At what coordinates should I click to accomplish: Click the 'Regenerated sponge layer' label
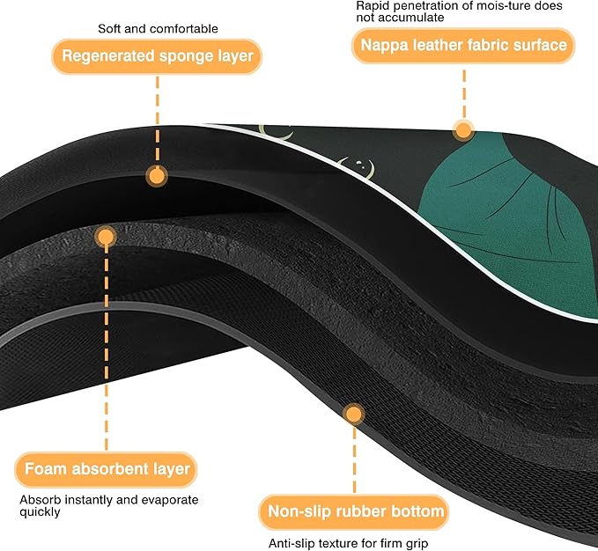tap(157, 56)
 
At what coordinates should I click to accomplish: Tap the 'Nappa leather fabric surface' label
tap(463, 46)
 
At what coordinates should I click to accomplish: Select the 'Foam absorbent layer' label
tap(106, 469)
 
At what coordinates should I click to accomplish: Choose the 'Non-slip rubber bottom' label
tap(354, 511)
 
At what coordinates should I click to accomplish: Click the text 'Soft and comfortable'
tap(158, 28)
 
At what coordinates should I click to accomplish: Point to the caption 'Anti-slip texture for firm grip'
tap(348, 543)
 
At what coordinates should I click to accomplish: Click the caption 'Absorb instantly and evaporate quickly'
tap(109, 505)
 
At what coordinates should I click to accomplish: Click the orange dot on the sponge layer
tap(157, 176)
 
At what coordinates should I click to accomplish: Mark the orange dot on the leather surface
tap(463, 130)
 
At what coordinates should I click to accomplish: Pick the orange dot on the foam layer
tap(106, 237)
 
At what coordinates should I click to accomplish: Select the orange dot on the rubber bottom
tap(354, 415)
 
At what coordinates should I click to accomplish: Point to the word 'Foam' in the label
tap(46, 469)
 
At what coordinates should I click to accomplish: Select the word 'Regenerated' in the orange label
tap(108, 56)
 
